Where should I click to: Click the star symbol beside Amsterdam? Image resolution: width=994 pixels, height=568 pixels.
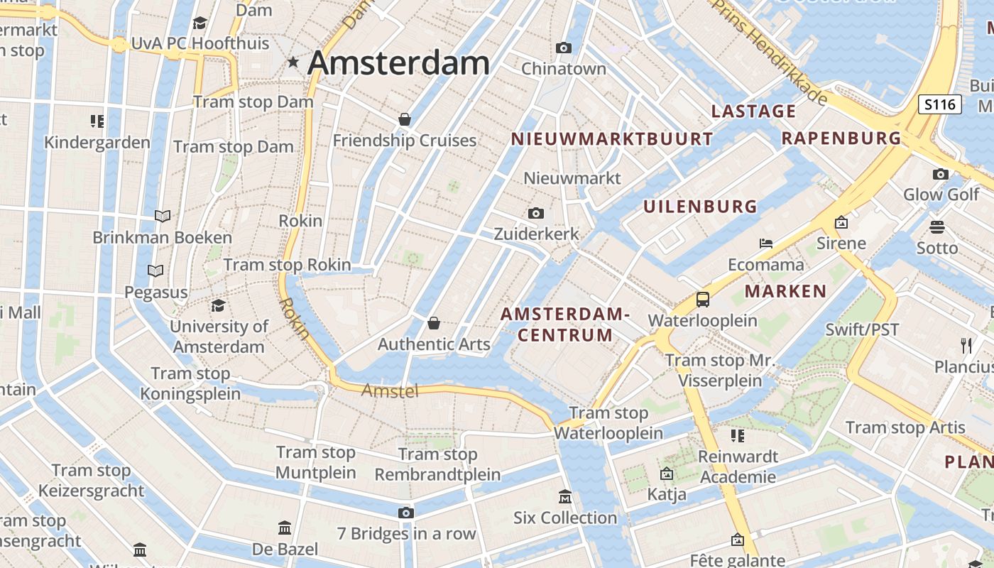tap(293, 62)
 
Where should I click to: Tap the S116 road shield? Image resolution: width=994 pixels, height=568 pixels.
tap(940, 105)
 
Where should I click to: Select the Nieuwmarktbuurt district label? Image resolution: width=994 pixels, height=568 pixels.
tap(611, 139)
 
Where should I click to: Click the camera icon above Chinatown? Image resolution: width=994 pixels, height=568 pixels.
tap(564, 48)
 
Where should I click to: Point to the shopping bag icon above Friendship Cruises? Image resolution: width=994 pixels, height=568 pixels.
tap(405, 119)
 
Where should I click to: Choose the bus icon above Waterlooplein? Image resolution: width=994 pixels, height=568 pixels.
tap(703, 299)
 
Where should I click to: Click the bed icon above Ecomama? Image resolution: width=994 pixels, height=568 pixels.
tap(765, 244)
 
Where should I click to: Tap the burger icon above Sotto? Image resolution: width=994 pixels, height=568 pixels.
tap(937, 227)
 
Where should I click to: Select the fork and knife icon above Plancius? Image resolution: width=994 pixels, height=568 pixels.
tap(966, 345)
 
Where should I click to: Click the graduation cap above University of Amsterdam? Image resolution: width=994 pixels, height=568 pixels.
tap(219, 305)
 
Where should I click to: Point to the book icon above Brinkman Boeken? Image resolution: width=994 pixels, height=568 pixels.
tap(163, 216)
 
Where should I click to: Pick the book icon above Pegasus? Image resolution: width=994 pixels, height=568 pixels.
tap(155, 271)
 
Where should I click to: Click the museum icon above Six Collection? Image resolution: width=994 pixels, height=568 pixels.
tap(565, 496)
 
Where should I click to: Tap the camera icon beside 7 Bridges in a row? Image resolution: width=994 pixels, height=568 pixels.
tap(405, 513)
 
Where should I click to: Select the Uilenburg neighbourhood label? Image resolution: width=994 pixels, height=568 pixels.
tap(700, 207)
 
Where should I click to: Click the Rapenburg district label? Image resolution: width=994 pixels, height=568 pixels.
tap(841, 138)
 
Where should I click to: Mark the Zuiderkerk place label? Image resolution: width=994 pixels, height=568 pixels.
tap(536, 234)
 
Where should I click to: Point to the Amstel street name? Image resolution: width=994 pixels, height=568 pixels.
tap(390, 390)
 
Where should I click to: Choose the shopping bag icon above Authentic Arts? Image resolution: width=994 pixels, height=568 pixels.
tap(434, 324)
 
